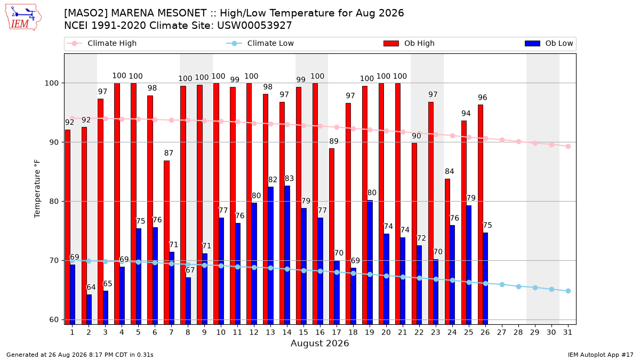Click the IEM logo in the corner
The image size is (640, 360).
click(23, 18)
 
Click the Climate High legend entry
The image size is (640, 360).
click(101, 43)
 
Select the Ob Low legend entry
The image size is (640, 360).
click(549, 43)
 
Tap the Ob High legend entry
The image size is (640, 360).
click(409, 43)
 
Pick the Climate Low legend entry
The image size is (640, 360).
click(260, 43)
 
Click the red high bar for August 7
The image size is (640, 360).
click(166, 243)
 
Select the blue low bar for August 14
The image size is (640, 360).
click(287, 255)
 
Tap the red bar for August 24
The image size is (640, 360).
click(447, 252)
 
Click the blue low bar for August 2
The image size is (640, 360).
click(89, 310)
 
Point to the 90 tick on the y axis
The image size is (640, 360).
click(54, 142)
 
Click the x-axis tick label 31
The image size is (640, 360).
click(567, 333)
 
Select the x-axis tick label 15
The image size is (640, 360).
click(303, 333)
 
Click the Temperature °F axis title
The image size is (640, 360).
click(37, 189)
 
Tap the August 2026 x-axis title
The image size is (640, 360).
click(319, 343)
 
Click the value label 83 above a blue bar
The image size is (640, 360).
click(289, 179)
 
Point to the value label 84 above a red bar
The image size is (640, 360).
click(450, 171)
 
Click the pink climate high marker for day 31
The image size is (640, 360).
click(569, 147)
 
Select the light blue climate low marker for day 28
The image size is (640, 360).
click(518, 286)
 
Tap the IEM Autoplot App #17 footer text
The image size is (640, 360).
click(601, 355)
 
